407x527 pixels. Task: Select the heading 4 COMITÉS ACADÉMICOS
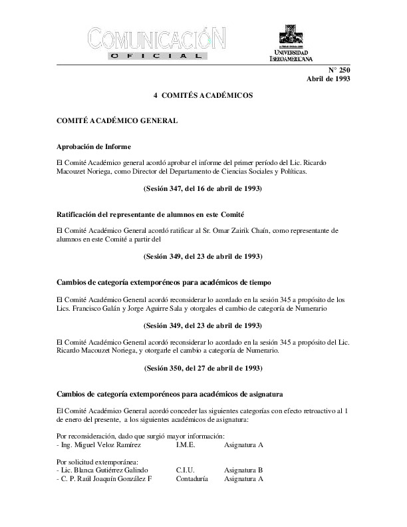(x=203, y=96)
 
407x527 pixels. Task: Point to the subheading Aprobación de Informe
(x=93, y=146)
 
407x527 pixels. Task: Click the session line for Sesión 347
(x=203, y=188)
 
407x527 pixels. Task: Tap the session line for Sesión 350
(x=203, y=367)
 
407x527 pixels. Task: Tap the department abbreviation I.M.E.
(x=186, y=444)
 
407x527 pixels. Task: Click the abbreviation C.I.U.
(x=186, y=470)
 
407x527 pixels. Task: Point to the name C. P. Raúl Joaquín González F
(x=106, y=478)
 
